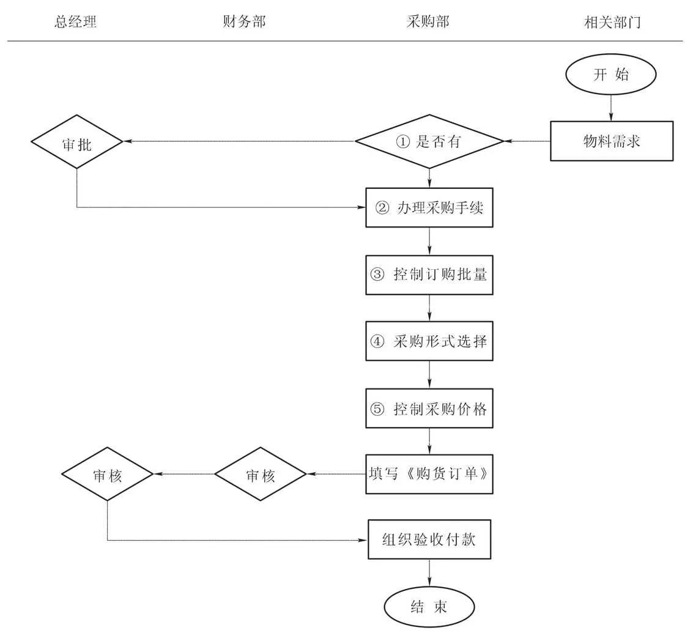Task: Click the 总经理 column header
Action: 76,23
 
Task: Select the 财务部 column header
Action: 245,23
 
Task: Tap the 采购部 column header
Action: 428,23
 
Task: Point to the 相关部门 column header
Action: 612,23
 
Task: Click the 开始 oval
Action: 611,75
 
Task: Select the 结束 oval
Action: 429,606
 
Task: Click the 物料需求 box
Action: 612,141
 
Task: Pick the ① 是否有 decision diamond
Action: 429,141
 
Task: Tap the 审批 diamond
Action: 76,141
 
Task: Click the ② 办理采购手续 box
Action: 429,207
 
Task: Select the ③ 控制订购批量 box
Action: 429,274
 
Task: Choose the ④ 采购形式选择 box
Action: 429,341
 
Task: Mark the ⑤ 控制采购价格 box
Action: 429,408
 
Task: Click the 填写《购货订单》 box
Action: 429,474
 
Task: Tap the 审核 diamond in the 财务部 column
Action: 260,475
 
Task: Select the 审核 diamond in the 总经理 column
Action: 107,475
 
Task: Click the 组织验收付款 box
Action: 429,539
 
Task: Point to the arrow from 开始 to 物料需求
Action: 611,107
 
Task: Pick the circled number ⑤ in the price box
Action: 377,409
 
